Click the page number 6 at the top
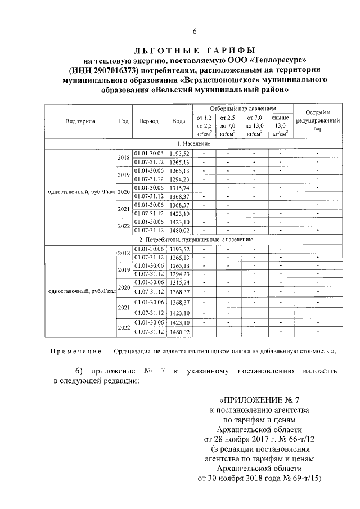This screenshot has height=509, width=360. pyautogui.click(x=179, y=30)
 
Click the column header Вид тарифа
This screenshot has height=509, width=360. pyautogui.click(x=80, y=121)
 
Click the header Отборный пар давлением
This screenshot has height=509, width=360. pyautogui.click(x=243, y=108)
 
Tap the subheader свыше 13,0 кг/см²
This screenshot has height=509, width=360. pyautogui.click(x=280, y=125)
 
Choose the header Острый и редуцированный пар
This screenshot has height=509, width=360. pyautogui.click(x=318, y=120)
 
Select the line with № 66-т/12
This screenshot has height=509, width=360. pyautogui.click(x=258, y=438)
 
